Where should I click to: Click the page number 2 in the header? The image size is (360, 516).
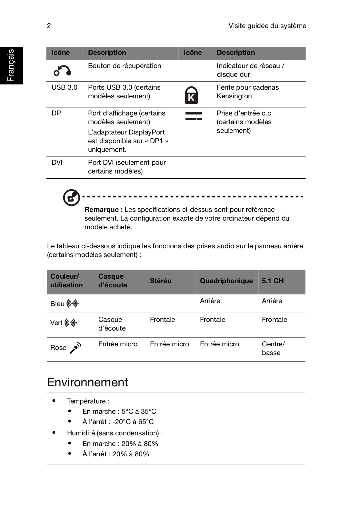tap(49, 26)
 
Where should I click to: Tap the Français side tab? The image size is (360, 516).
tap(11, 65)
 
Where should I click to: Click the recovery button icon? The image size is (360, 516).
tap(62, 71)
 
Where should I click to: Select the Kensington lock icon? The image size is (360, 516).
tap(191, 95)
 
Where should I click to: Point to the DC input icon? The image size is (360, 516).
tap(194, 116)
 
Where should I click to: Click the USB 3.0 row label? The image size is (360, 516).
tap(64, 87)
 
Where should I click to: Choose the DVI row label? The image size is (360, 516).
tap(57, 163)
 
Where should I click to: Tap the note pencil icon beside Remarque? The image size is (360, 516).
tap(71, 197)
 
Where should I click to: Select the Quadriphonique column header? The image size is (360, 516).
tap(226, 281)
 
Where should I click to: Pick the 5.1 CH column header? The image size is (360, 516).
tap(273, 281)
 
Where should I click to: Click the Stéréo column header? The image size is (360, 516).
tap(160, 281)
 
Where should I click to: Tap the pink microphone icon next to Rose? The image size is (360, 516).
tap(75, 348)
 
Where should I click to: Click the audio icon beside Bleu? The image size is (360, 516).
tap(73, 303)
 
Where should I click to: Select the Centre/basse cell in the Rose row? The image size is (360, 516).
tap(273, 348)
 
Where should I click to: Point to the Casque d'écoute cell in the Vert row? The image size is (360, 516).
tap(112, 324)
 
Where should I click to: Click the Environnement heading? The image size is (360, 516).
tap(87, 382)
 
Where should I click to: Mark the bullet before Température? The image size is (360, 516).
tap(54, 401)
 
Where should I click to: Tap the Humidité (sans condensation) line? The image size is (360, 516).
tap(115, 433)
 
